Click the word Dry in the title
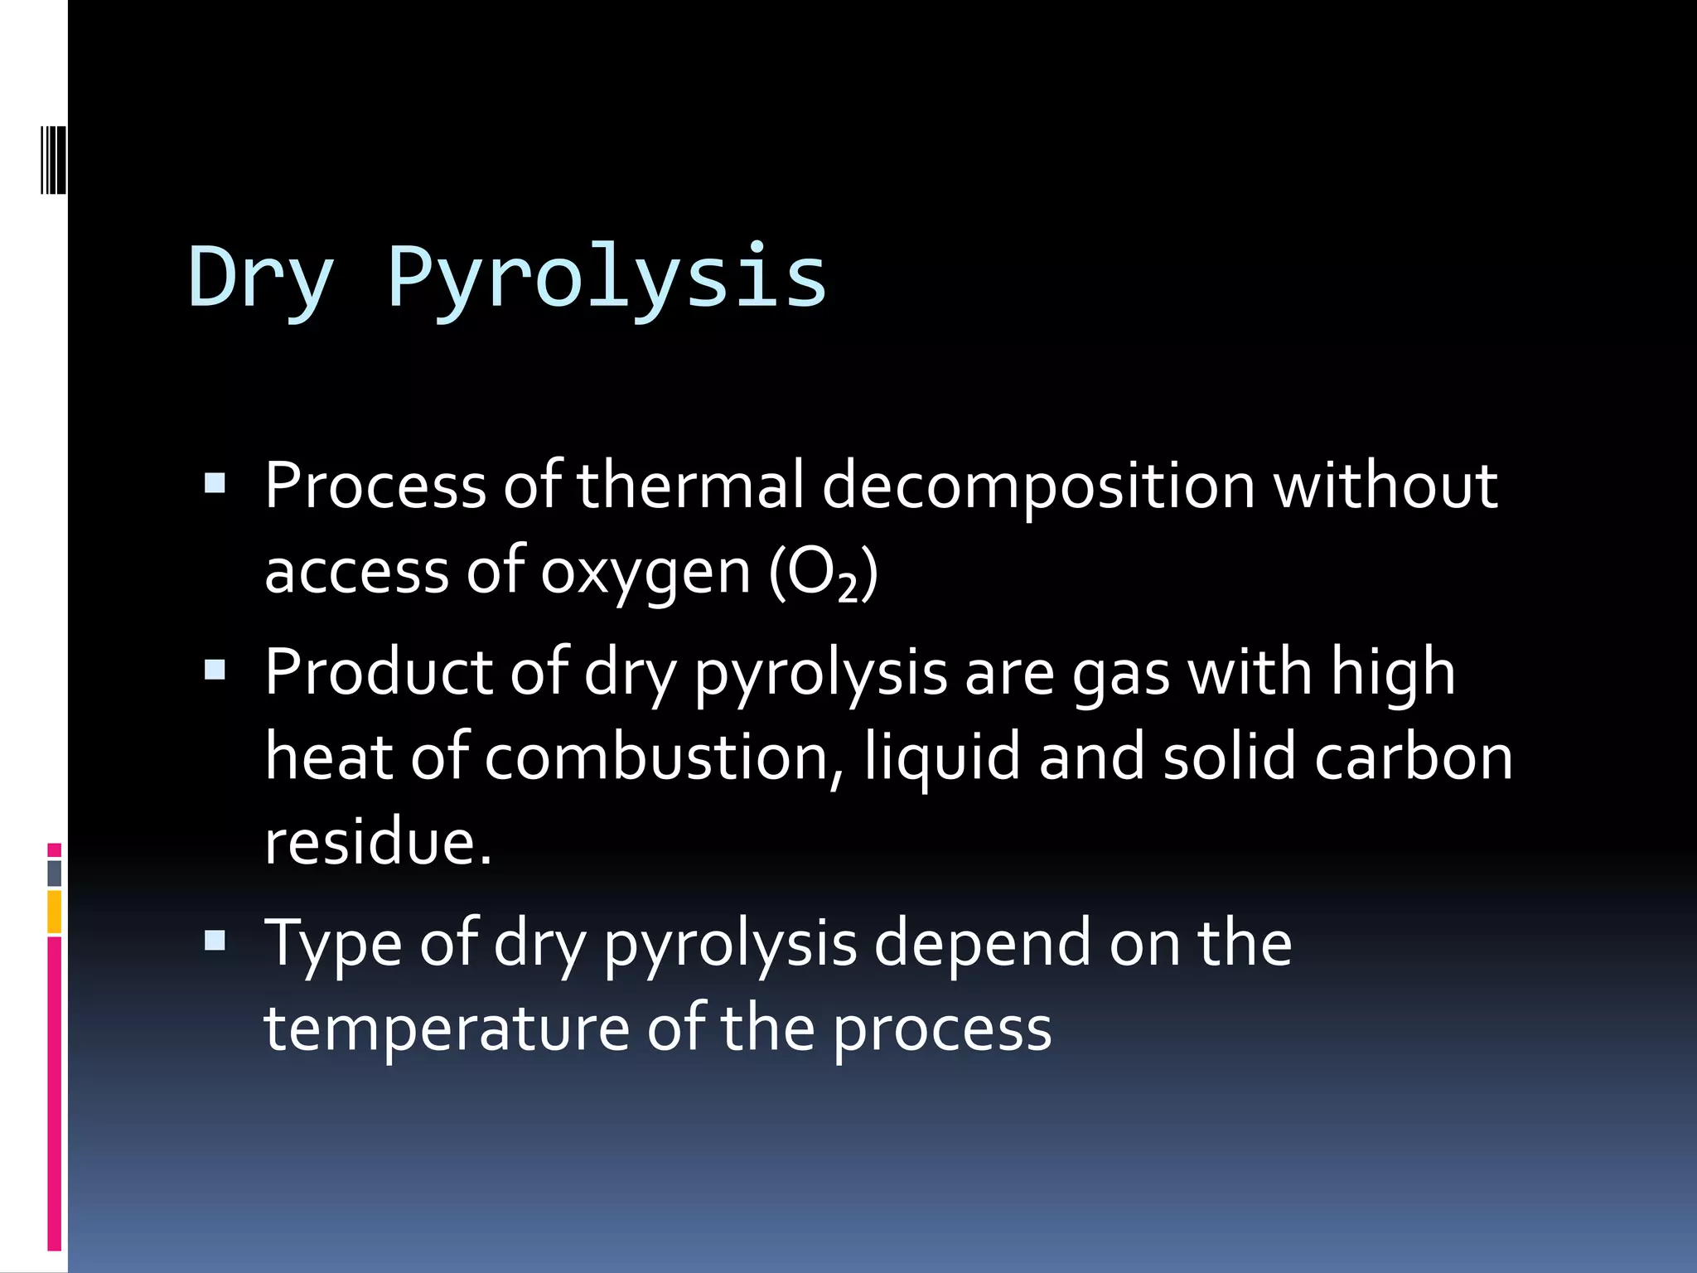pos(261,278)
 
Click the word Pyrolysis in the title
pos(607,278)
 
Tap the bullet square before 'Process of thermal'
pos(215,483)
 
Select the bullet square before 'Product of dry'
pos(215,670)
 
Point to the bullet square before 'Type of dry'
pos(215,940)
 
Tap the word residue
pos(378,841)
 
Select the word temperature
pos(447,1029)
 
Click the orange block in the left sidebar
pos(55,912)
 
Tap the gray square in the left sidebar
pos(55,873)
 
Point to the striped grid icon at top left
pos(53,159)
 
